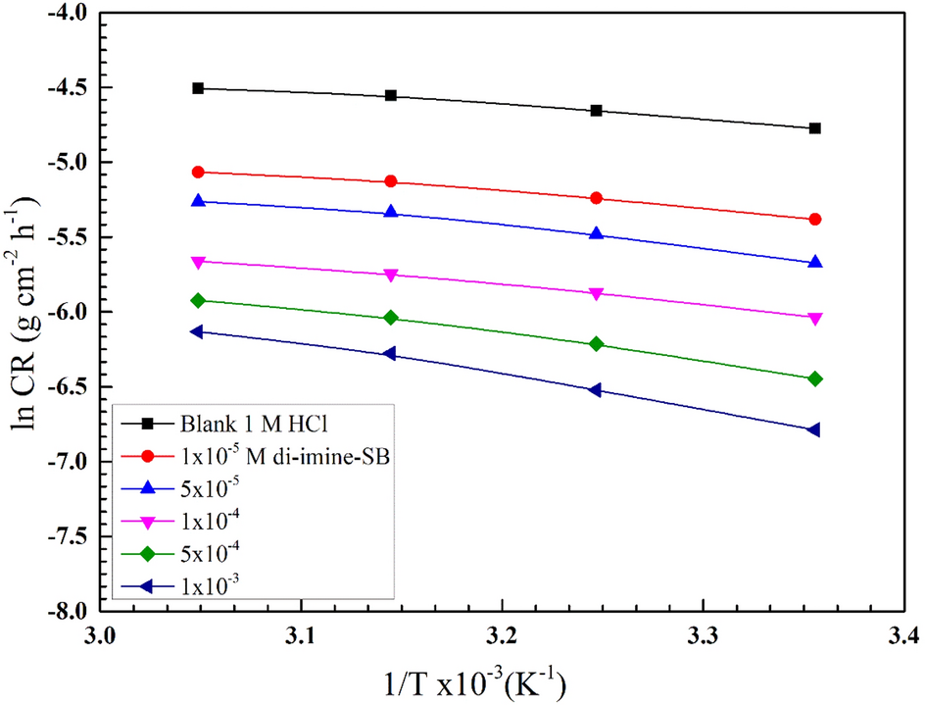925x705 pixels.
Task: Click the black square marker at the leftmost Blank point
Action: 198,88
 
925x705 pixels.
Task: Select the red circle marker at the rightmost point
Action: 815,220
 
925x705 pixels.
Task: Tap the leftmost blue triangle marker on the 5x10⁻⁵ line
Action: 198,201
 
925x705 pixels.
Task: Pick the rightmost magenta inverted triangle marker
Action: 815,319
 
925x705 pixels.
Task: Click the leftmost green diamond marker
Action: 198,300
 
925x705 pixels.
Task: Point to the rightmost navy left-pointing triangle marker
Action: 815,429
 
